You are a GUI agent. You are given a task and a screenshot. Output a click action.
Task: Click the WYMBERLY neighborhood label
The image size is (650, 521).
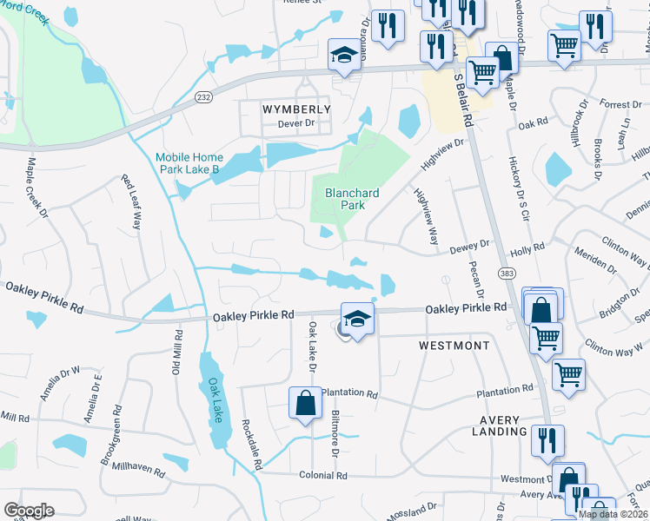296,109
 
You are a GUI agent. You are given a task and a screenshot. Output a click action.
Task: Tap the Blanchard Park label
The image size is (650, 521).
345,199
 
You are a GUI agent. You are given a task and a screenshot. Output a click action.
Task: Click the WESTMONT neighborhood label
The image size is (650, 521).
454,345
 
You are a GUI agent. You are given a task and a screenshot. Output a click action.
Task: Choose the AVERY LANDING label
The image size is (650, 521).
499,425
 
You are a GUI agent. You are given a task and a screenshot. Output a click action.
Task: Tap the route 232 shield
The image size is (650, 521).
203,97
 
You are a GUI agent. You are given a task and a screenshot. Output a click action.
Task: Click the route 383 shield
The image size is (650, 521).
507,274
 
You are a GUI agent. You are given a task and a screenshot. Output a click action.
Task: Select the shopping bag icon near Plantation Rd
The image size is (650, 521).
305,404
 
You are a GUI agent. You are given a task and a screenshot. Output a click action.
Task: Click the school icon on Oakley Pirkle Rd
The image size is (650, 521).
357,319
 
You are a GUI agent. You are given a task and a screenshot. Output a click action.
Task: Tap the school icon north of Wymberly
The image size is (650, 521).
343,56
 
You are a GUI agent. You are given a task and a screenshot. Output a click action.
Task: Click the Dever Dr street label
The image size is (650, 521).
294,123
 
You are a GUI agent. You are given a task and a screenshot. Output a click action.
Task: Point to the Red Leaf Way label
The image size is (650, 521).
131,201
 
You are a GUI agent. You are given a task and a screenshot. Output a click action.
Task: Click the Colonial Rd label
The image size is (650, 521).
322,476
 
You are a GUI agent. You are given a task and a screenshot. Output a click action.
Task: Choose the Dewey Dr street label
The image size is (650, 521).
469,247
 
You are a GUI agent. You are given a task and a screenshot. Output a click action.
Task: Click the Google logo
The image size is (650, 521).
29,511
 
